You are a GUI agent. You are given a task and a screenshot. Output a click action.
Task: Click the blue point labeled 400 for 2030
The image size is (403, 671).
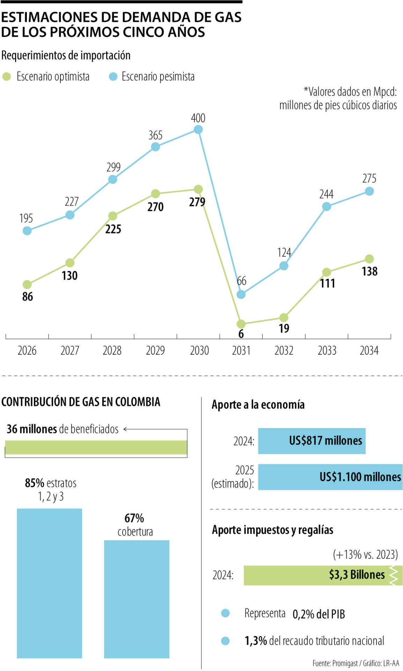(198, 130)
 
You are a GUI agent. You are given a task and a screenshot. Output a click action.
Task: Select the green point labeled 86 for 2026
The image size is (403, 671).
(27, 284)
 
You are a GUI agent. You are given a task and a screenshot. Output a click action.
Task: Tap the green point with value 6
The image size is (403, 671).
(241, 324)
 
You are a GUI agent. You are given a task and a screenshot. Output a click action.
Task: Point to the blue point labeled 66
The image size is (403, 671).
(241, 294)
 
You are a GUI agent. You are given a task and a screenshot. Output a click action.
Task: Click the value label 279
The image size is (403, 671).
(197, 202)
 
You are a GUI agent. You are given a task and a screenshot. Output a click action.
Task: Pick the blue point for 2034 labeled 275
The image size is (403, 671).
(369, 191)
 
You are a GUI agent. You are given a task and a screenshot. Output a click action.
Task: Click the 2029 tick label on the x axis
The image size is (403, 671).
(155, 350)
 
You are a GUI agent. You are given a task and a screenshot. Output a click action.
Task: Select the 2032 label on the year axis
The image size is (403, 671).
(284, 350)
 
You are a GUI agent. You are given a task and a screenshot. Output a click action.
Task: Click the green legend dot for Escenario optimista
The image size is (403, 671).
(7, 77)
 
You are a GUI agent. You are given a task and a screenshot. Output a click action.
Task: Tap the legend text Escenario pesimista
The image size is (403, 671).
(158, 77)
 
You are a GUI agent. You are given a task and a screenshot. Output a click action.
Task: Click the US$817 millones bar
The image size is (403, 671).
(312, 441)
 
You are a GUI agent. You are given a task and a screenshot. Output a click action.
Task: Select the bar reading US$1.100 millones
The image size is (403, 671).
(330, 477)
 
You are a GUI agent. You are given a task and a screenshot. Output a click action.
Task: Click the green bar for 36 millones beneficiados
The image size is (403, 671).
(96, 447)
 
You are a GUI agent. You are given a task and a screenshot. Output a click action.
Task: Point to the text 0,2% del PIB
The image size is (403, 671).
(318, 614)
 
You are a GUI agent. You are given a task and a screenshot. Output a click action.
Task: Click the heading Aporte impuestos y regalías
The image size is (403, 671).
(272, 530)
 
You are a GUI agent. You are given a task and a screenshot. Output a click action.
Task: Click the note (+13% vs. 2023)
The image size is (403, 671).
(365, 554)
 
